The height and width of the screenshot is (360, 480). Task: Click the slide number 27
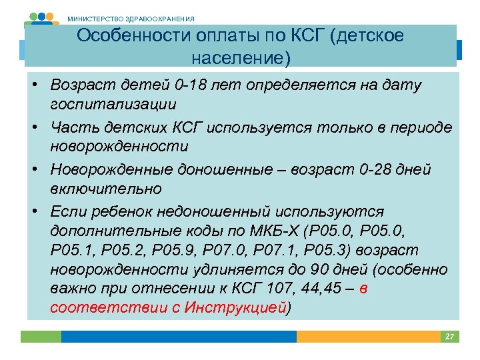point(450,337)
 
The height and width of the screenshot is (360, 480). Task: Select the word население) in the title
point(241,58)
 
